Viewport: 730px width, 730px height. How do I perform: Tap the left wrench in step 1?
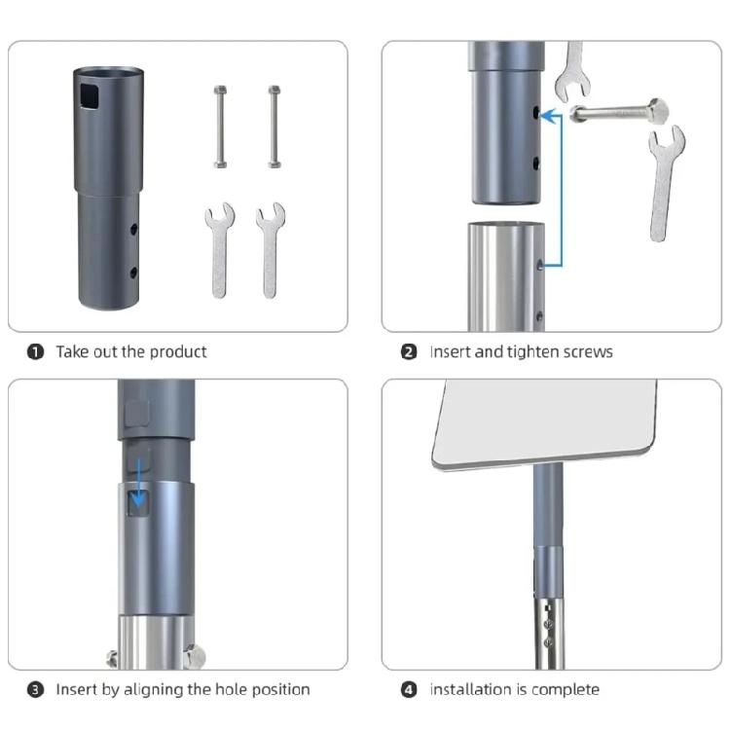tap(218, 249)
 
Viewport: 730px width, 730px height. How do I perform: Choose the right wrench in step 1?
tap(270, 249)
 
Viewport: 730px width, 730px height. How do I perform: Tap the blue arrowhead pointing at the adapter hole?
tap(547, 116)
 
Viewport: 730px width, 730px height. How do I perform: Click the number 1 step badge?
tap(36, 351)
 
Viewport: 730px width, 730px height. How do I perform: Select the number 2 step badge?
tap(409, 351)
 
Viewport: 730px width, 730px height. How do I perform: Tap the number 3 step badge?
tap(36, 690)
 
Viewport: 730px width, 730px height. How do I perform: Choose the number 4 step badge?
tap(409, 690)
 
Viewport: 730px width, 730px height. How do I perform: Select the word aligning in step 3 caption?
tap(149, 690)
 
